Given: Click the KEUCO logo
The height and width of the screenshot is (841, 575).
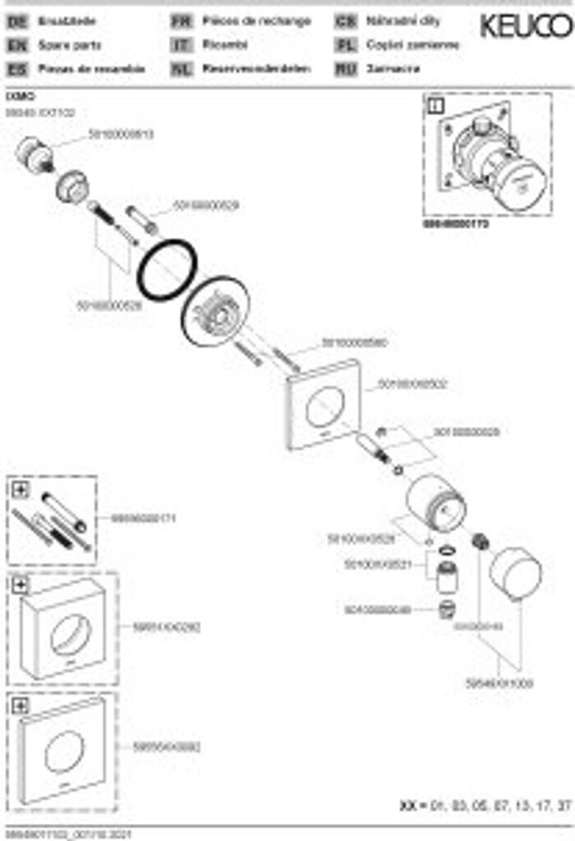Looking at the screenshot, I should pyautogui.click(x=526, y=26).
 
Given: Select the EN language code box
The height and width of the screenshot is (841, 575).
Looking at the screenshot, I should pyautogui.click(x=16, y=46).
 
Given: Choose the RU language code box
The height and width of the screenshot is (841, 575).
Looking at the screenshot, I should pyautogui.click(x=346, y=70).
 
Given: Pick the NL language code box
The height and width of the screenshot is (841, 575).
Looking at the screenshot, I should pyautogui.click(x=181, y=70).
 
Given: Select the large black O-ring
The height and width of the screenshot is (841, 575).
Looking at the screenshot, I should pyautogui.click(x=167, y=271).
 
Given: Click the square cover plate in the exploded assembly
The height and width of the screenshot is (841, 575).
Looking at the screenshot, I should pyautogui.click(x=324, y=404).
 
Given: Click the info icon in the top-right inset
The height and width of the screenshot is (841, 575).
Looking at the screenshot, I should pyautogui.click(x=435, y=105).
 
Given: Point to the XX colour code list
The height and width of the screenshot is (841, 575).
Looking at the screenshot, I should pyautogui.click(x=485, y=806).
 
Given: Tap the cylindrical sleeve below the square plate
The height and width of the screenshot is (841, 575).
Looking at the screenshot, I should pyautogui.click(x=435, y=503).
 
